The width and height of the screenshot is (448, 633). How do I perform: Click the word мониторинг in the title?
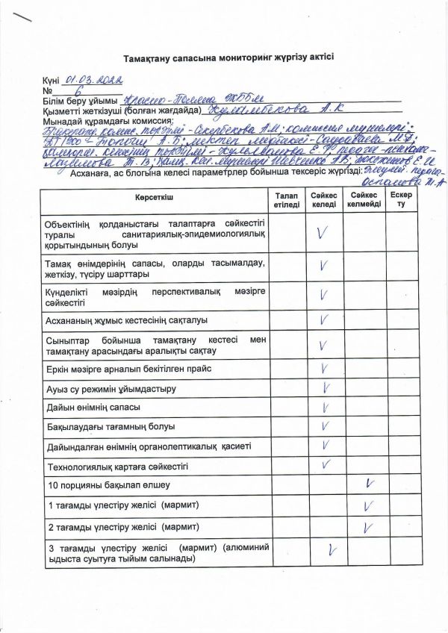pyautogui.click(x=233, y=57)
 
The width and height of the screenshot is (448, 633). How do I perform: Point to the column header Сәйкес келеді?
pyautogui.click(x=324, y=199)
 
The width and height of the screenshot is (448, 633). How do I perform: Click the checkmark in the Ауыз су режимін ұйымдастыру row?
pyautogui.click(x=326, y=387)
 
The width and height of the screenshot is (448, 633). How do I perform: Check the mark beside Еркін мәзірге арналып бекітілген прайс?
pyautogui.click(x=325, y=368)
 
